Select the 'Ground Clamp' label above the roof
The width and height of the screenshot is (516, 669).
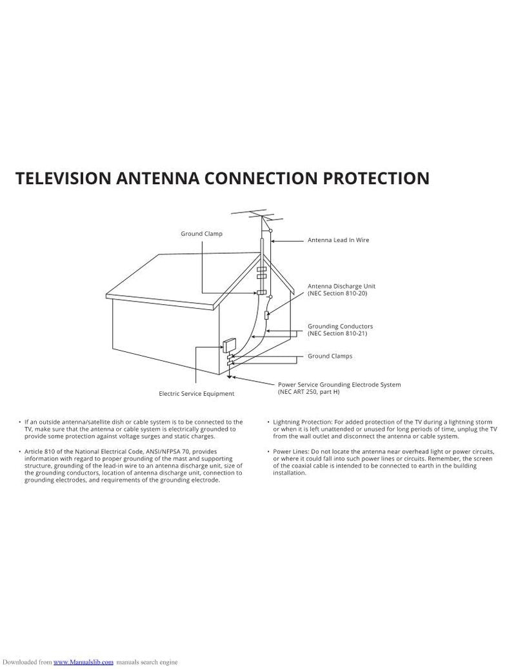[x=201, y=233]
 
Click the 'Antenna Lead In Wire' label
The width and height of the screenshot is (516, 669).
[x=338, y=240]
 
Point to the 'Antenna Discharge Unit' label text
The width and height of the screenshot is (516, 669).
[x=341, y=285]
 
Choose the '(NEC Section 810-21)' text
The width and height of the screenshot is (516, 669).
[x=337, y=334]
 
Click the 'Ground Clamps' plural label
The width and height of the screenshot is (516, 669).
[x=330, y=356]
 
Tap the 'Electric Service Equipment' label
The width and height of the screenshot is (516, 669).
[x=196, y=393]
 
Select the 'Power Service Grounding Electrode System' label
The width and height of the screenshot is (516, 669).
[x=339, y=384]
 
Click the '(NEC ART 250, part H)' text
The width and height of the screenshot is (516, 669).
[x=309, y=391]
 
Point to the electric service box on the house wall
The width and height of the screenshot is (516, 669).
[x=228, y=345]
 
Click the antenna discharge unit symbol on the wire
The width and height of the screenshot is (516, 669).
[x=266, y=315]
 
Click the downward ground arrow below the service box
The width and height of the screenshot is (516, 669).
[x=228, y=376]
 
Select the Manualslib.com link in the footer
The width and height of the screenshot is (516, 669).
[x=83, y=662]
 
